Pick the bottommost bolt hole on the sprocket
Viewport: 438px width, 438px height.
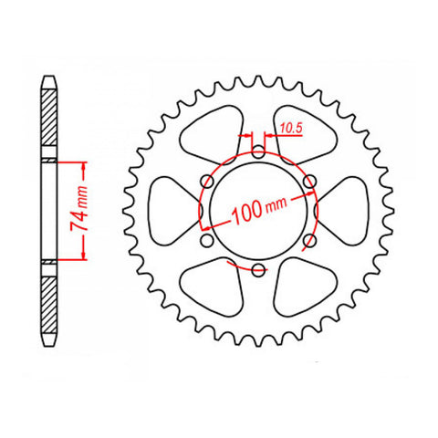(x=258, y=269)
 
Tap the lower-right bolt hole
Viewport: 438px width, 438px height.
(x=309, y=240)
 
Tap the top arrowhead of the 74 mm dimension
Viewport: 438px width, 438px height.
(x=85, y=168)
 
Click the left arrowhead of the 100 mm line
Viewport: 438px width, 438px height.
(x=211, y=224)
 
